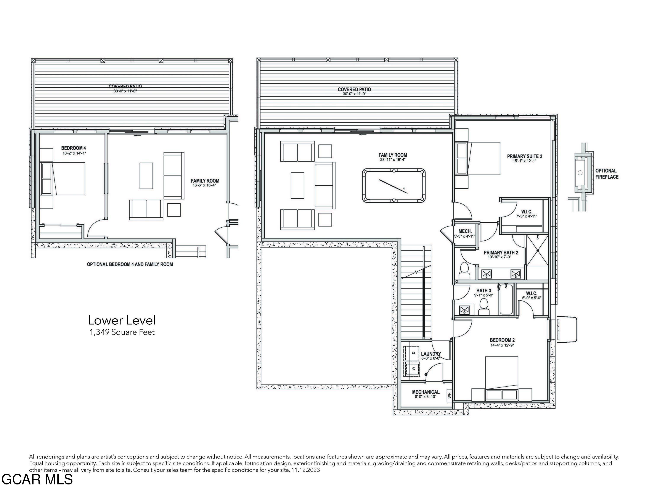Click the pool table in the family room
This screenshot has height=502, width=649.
point(394,186)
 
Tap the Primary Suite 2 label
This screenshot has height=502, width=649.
point(524,156)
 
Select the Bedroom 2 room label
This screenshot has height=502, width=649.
point(502,340)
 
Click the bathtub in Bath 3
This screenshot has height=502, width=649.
point(506,300)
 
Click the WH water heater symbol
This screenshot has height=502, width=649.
point(449,395)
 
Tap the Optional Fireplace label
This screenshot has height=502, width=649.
point(607,174)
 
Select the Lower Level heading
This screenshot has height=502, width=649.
point(122,320)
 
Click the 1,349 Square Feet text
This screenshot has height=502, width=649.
point(122,332)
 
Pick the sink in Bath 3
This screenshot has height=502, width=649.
point(464,310)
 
